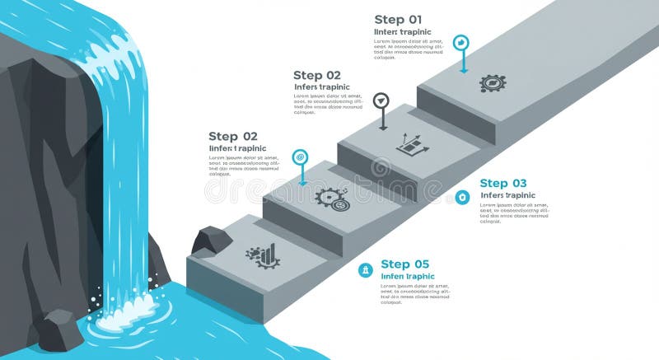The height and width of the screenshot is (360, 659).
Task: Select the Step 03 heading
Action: (503, 184)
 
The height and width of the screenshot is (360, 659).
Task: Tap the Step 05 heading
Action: (405, 264)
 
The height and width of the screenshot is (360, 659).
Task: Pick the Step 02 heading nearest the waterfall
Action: (233, 137)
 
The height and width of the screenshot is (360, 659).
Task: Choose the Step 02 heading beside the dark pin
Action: (317, 75)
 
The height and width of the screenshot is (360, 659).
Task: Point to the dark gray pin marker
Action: (381, 101)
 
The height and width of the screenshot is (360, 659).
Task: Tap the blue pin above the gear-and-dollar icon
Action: (301, 157)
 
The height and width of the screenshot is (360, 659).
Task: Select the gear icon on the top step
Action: (492, 82)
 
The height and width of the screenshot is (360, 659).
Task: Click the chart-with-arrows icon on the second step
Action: (412, 144)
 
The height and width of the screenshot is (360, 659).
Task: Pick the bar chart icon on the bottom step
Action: (263, 255)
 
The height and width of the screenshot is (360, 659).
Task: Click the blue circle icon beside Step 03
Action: (463, 197)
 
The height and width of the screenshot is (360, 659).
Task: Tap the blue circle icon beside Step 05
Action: (365, 270)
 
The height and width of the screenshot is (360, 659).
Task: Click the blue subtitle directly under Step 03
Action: (507, 195)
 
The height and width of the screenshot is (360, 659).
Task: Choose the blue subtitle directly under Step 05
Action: (407, 277)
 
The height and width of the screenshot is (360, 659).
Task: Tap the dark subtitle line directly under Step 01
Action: (403, 32)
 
